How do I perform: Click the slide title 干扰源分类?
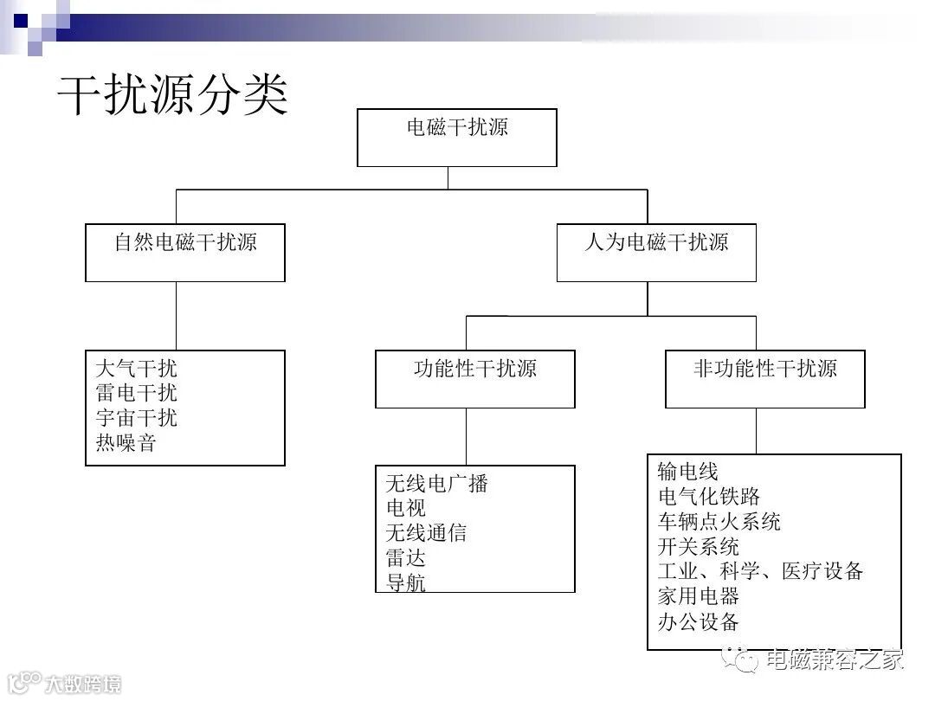click(x=172, y=95)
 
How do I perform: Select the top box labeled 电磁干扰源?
click(x=456, y=137)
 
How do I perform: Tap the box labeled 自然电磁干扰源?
click(x=185, y=252)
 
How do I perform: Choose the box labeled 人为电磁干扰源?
click(x=656, y=252)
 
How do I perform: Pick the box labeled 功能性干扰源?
click(x=474, y=378)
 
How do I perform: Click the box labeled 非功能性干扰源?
click(x=764, y=378)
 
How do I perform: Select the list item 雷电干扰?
click(x=137, y=394)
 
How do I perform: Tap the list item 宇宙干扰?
click(x=137, y=418)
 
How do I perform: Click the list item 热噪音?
click(x=126, y=443)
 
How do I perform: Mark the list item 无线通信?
click(x=426, y=533)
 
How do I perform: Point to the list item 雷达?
click(x=406, y=558)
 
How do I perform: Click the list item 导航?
click(x=406, y=582)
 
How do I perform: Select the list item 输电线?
click(x=688, y=472)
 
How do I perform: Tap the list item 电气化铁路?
click(x=709, y=497)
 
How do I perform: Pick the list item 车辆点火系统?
click(x=719, y=522)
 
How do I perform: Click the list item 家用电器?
click(x=699, y=596)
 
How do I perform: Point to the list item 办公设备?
click(x=699, y=621)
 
